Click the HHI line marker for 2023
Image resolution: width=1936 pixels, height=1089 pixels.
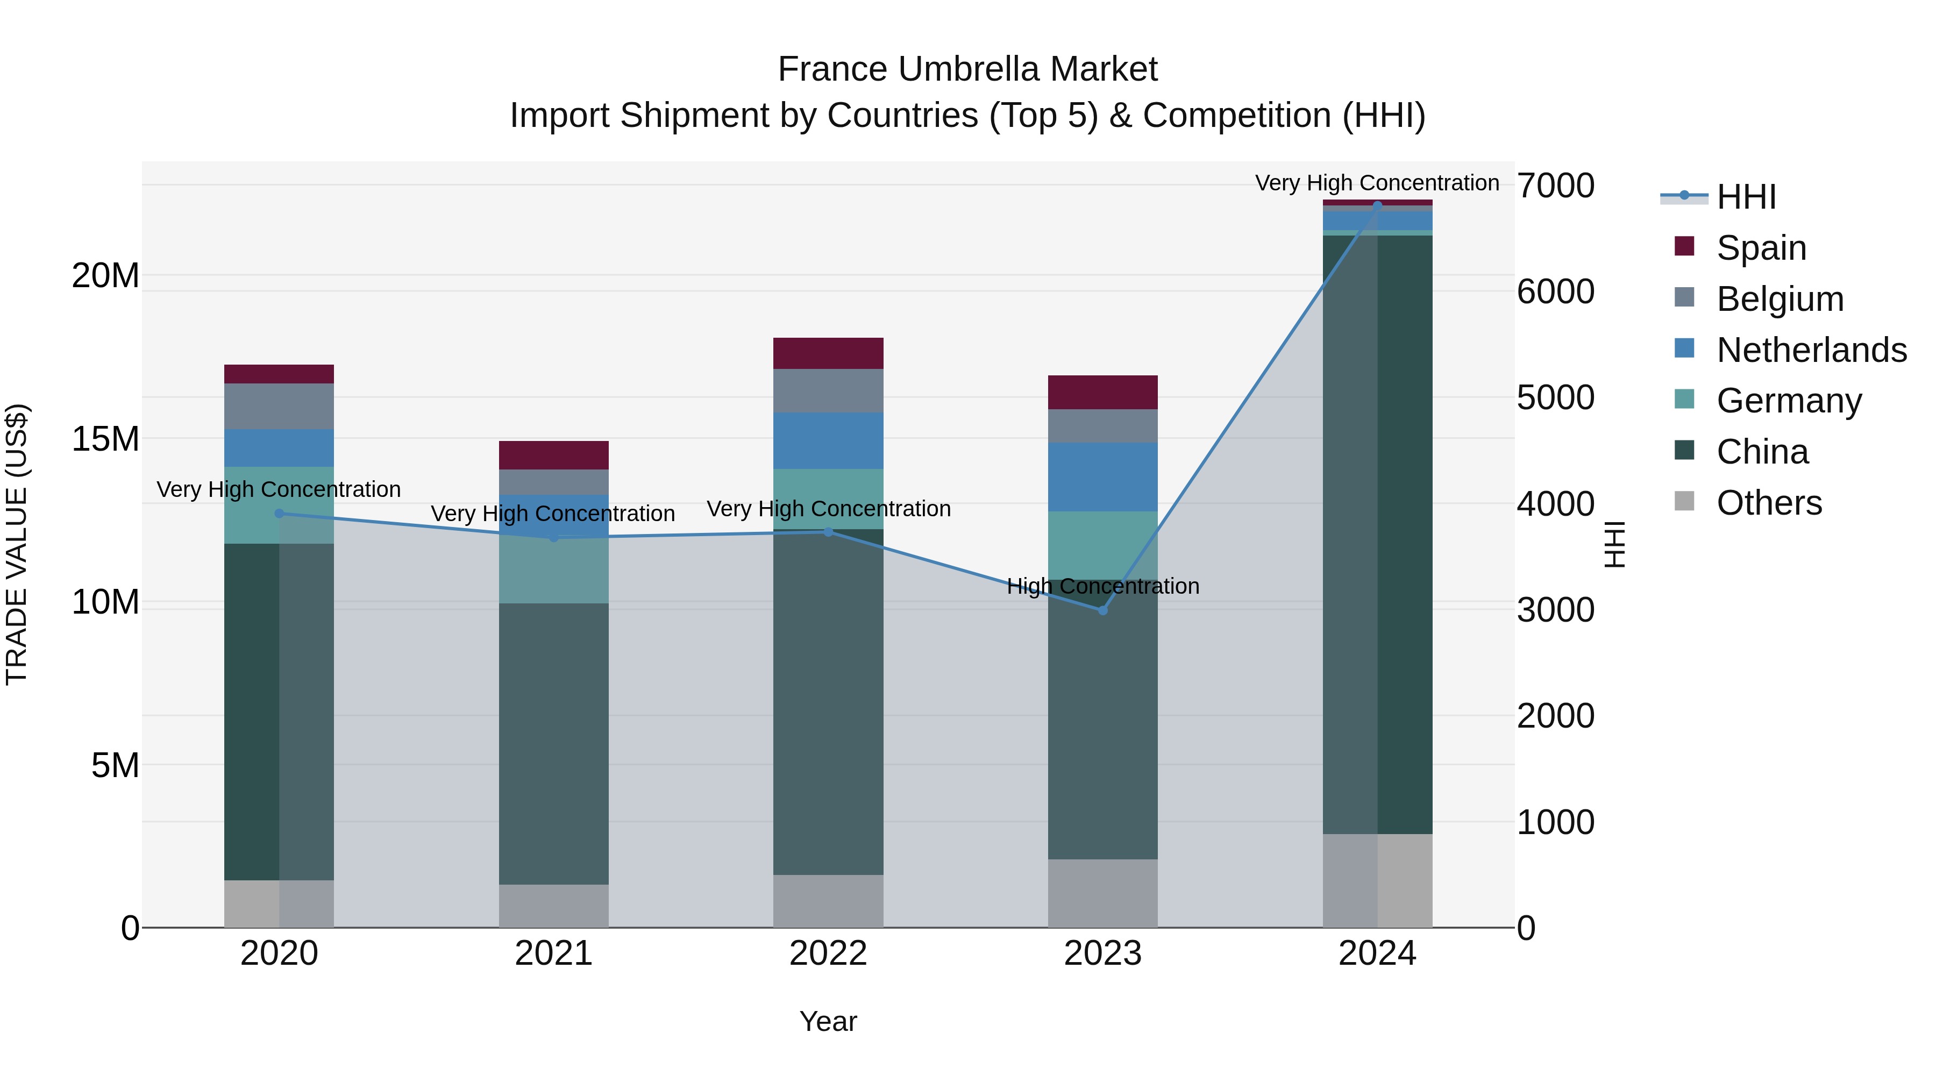click(1102, 610)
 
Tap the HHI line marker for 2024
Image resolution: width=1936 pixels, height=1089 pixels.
click(1377, 205)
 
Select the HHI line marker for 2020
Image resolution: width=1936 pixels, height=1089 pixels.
click(280, 514)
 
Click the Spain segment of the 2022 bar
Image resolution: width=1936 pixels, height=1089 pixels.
click(828, 353)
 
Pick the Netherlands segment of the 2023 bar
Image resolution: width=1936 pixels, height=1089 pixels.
click(1102, 476)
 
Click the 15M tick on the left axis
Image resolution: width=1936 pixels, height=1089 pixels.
click(105, 438)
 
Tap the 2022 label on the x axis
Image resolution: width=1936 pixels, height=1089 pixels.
click(828, 953)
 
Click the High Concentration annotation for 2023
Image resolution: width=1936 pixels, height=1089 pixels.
click(1102, 586)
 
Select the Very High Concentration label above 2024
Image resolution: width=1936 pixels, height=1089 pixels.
click(1377, 183)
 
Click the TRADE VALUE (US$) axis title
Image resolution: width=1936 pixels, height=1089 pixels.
click(17, 544)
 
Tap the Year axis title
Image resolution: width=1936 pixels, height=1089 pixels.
click(828, 1021)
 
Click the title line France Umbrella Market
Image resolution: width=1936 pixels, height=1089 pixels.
click(967, 69)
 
